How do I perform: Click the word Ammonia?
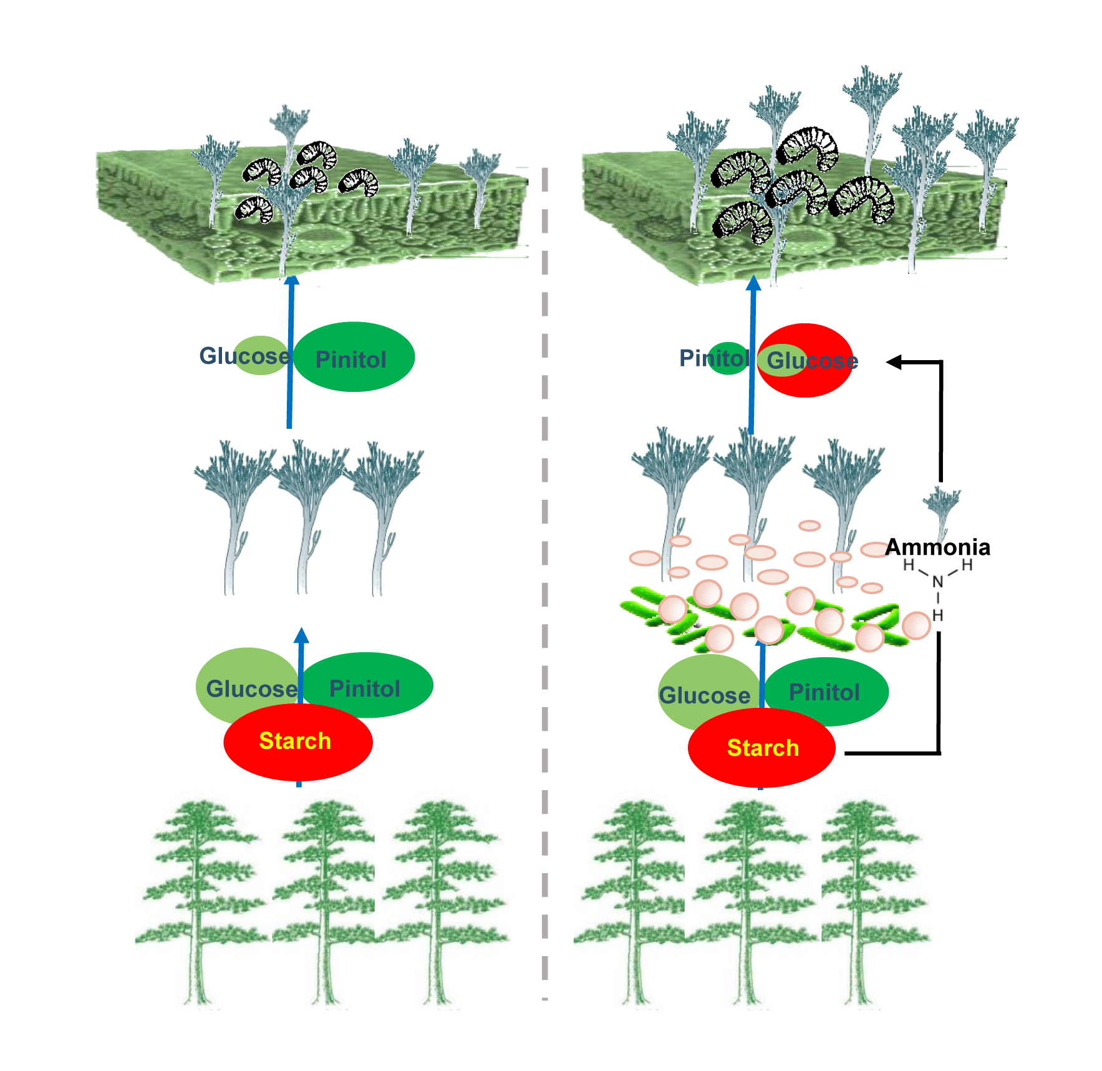[x=937, y=547]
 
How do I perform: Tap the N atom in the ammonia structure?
[x=937, y=582]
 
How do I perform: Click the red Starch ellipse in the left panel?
[x=298, y=742]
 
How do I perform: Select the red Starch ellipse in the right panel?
[x=761, y=748]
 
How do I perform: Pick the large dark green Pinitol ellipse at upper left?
[x=354, y=357]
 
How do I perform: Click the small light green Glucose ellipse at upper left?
[x=261, y=355]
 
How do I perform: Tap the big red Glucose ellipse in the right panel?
[x=805, y=360]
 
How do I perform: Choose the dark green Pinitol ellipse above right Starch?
[x=826, y=692]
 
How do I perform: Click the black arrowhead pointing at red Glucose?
[x=894, y=361]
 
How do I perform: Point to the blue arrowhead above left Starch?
[x=301, y=635]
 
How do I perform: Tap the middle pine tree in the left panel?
[x=324, y=902]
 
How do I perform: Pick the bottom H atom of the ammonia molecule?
[x=937, y=615]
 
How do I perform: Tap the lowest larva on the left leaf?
[x=254, y=209]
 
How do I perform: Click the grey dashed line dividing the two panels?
[x=545, y=584]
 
